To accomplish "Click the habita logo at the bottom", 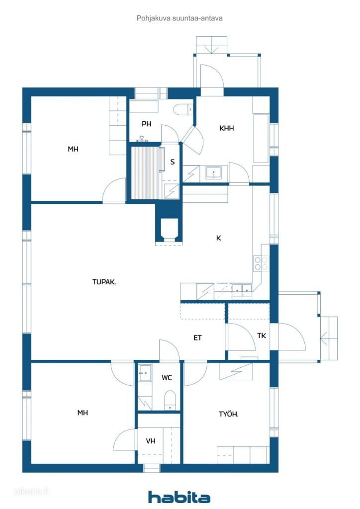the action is (x=179, y=497).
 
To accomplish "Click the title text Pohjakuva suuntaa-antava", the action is (x=179, y=18).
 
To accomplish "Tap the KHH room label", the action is (x=226, y=128).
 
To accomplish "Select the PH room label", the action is (x=146, y=124).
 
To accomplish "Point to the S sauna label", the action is (x=173, y=162).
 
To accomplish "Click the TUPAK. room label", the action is (x=104, y=282).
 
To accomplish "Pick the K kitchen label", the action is (x=218, y=238).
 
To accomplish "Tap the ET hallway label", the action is (x=197, y=338).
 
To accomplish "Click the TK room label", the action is (x=262, y=336).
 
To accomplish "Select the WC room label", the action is (x=167, y=378).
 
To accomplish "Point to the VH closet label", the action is (x=150, y=441).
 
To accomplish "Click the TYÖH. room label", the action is (x=229, y=414).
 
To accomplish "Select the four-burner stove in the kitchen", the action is (x=262, y=263).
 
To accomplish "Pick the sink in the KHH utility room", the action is (x=213, y=172).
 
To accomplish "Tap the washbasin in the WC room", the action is (x=145, y=373).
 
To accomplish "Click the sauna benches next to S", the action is (x=145, y=172).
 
